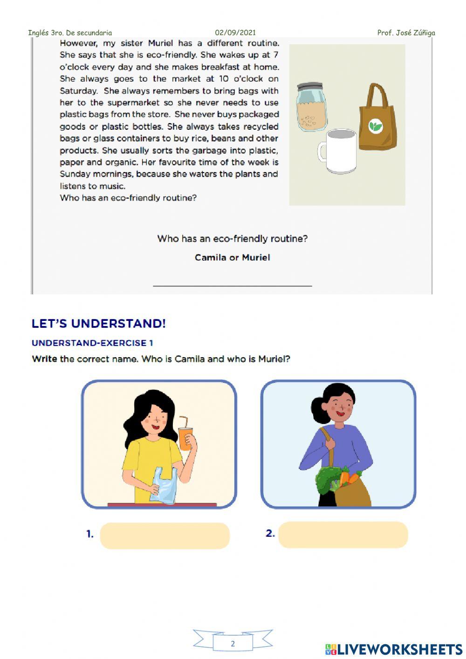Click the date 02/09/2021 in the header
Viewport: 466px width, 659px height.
click(235, 33)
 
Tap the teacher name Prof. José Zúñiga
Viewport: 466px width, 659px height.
click(406, 33)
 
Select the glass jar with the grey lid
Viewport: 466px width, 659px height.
click(312, 107)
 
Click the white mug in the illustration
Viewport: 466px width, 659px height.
click(337, 152)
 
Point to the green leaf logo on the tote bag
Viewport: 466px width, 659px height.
click(376, 126)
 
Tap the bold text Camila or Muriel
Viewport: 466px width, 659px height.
click(232, 258)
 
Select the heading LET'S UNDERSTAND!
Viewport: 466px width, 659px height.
click(99, 324)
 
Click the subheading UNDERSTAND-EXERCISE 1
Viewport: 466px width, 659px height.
click(92, 343)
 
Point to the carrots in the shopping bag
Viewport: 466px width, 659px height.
click(350, 478)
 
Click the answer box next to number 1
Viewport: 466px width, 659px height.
click(164, 536)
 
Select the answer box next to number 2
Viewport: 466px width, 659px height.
click(343, 535)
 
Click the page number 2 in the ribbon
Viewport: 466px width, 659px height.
click(233, 644)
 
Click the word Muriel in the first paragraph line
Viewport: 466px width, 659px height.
click(160, 43)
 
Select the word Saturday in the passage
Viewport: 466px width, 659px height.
click(78, 91)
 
